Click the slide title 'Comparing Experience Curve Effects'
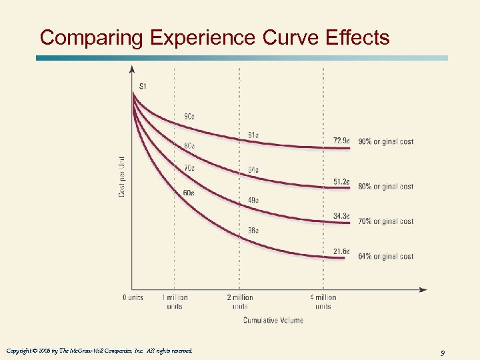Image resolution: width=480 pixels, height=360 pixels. (x=215, y=37)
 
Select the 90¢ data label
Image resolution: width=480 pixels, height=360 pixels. (x=189, y=117)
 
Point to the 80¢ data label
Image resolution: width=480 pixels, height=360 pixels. (x=189, y=146)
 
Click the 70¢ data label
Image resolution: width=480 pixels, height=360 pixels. (x=189, y=168)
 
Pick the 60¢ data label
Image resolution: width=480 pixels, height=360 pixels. (x=189, y=193)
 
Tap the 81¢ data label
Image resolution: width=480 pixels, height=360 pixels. (x=253, y=135)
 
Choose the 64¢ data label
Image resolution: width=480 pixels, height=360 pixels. (x=253, y=169)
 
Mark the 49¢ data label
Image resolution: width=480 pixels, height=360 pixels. (x=253, y=200)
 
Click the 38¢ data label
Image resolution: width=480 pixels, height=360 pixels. (x=253, y=231)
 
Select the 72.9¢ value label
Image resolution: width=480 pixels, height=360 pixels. (x=341, y=141)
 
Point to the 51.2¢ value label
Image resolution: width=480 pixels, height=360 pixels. (x=341, y=181)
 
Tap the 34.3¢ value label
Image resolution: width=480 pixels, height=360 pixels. (x=341, y=216)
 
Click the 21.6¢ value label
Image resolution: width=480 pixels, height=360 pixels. (x=341, y=251)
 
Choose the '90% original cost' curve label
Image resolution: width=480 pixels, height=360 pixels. (x=386, y=141)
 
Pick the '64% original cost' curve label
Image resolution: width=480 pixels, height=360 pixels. (x=386, y=256)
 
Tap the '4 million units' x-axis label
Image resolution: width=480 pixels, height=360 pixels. (x=323, y=301)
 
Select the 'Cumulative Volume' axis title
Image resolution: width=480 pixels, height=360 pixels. (x=273, y=320)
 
